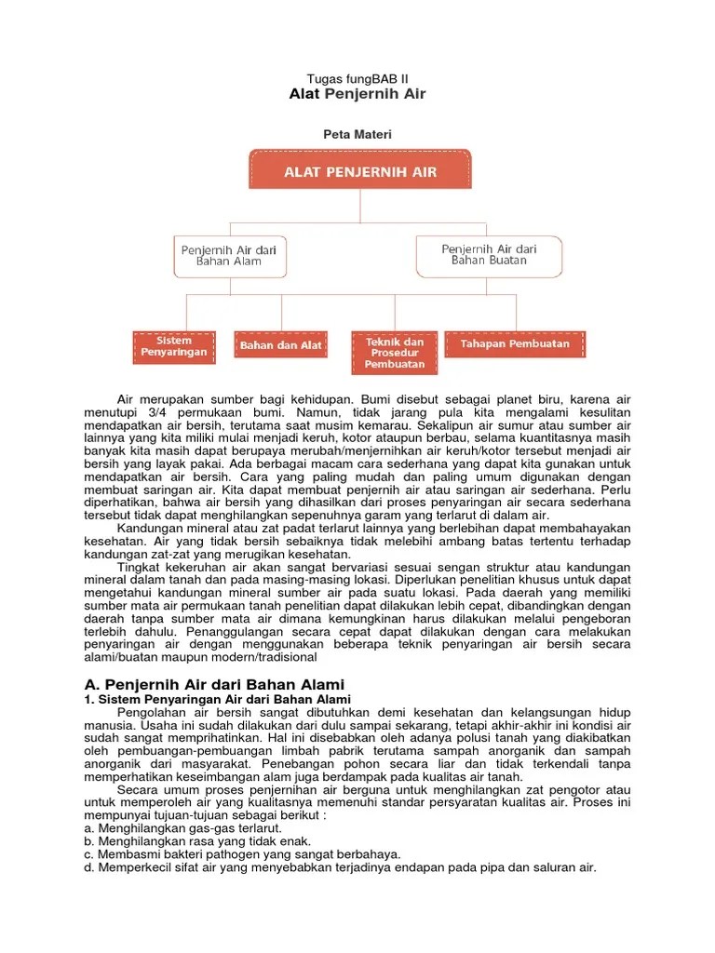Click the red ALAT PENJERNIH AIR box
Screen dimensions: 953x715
click(x=360, y=172)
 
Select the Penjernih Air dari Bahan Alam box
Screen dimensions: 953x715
click(x=229, y=255)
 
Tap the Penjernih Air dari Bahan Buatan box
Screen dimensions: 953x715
click(x=489, y=255)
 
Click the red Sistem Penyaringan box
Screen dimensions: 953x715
click(x=174, y=346)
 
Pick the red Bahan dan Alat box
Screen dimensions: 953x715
click(x=281, y=345)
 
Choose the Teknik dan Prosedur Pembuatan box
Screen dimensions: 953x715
click(x=394, y=353)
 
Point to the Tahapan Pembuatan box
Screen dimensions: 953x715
click(x=515, y=344)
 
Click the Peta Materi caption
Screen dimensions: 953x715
click(x=357, y=135)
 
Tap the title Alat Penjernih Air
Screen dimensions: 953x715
click(x=357, y=95)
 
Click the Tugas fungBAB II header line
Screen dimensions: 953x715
click(x=357, y=79)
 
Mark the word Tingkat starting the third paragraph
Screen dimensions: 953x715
click(x=139, y=567)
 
